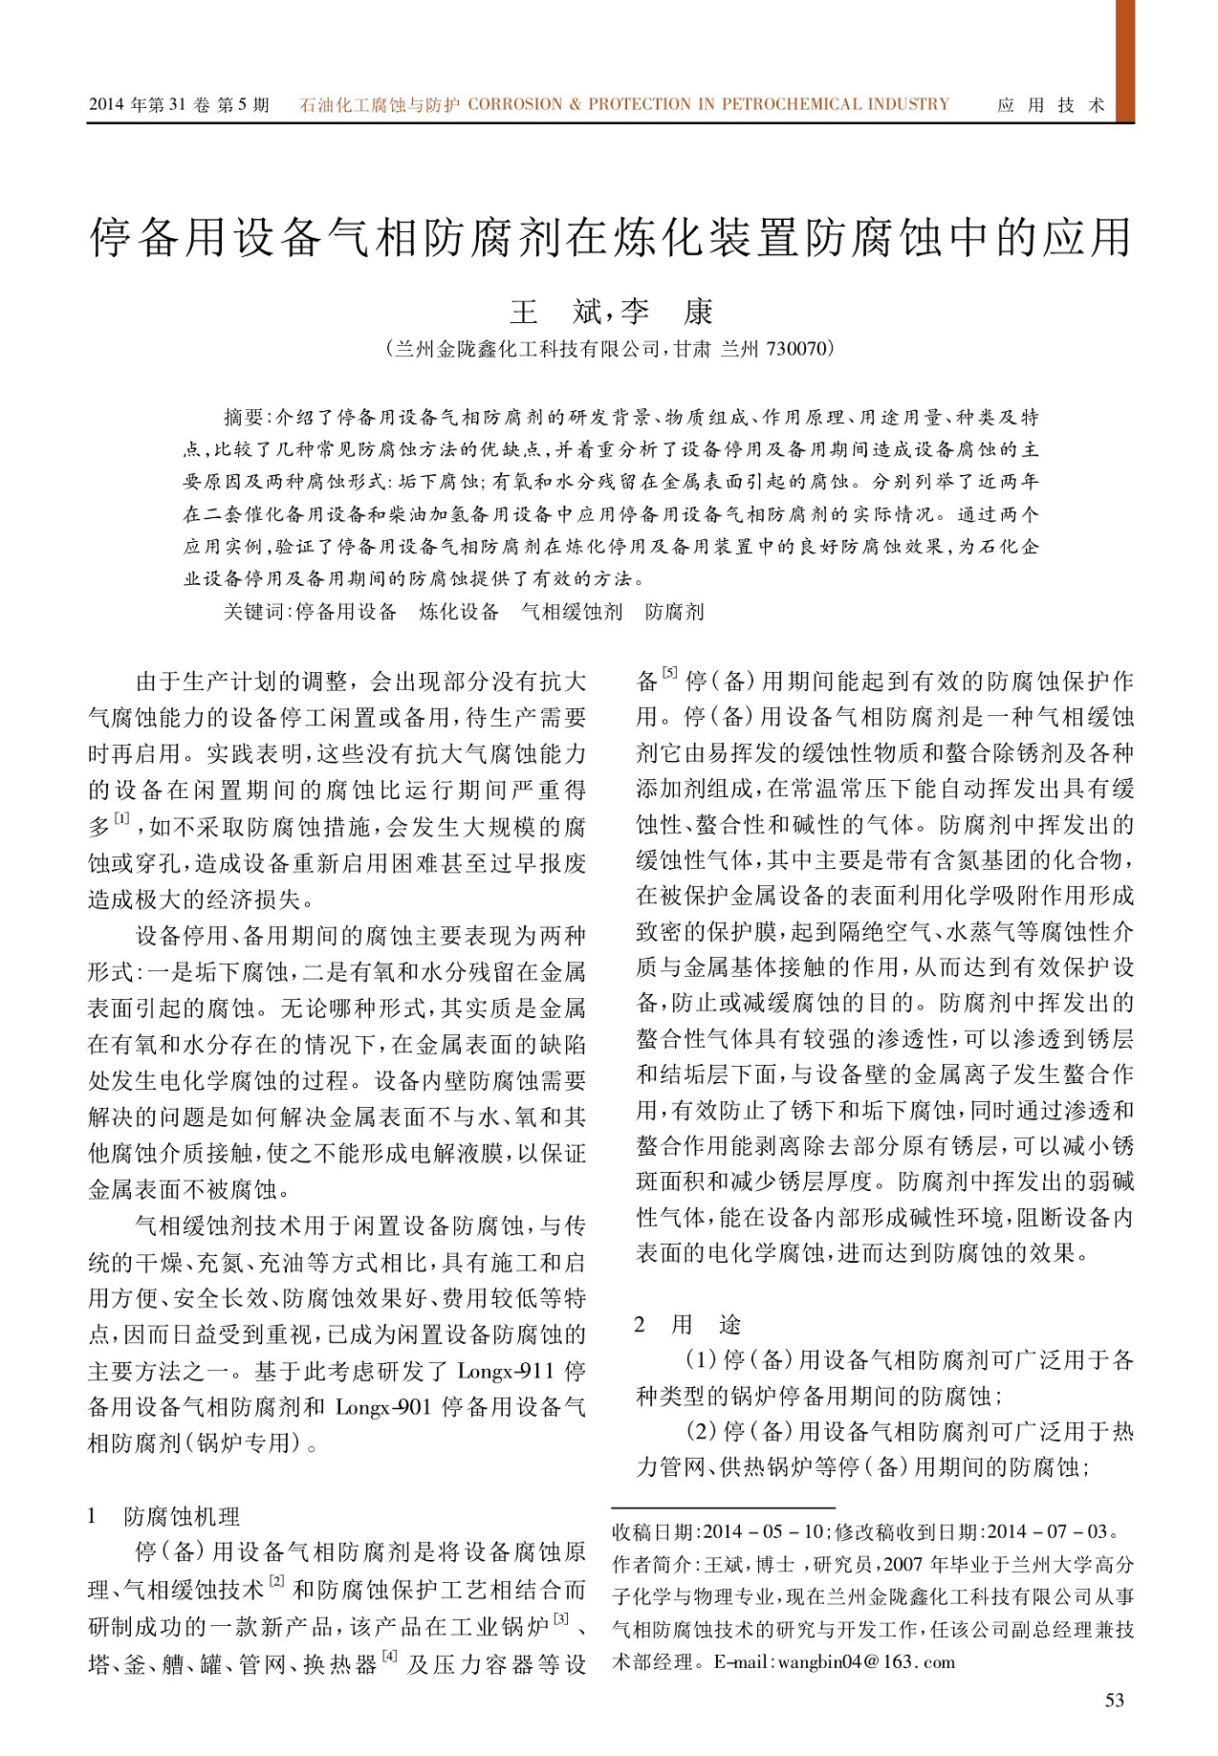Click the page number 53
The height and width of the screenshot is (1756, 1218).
point(1114,1700)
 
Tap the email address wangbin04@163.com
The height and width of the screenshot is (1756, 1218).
point(866,1661)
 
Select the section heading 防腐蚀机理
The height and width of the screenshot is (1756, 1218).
point(182,1516)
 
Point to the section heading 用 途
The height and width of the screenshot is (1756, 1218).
point(706,1324)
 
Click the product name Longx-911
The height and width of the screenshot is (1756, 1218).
point(506,1372)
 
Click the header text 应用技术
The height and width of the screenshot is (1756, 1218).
point(1051,105)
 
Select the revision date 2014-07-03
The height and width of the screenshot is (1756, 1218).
point(1046,1531)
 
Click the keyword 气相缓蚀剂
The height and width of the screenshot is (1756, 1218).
point(572,612)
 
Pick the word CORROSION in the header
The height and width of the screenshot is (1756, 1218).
point(515,104)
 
